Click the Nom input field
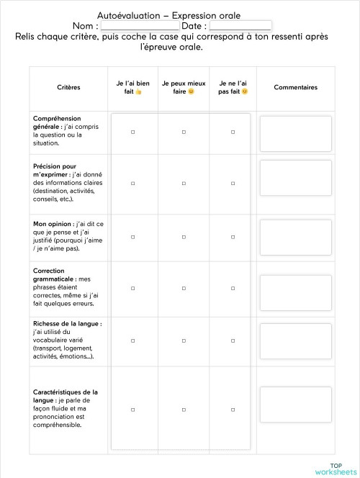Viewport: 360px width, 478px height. (x=140, y=26)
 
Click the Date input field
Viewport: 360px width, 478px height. (x=240, y=26)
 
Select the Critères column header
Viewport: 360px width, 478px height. (x=68, y=87)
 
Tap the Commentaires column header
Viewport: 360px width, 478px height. (x=295, y=87)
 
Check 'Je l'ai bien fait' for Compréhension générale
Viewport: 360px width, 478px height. (x=133, y=132)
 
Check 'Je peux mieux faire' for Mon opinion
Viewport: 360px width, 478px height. (x=184, y=236)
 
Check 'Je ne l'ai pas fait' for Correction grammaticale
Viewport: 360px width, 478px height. (x=233, y=288)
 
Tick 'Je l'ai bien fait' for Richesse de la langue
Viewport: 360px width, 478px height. (x=133, y=340)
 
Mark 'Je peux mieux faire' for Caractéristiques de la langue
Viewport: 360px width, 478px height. (x=184, y=410)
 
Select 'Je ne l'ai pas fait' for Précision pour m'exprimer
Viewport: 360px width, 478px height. (x=233, y=184)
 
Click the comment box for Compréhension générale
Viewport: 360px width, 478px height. (x=295, y=133)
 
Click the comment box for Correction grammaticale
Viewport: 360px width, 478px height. (x=295, y=289)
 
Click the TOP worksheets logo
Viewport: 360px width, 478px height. (x=335, y=468)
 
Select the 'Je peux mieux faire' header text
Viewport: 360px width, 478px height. (x=184, y=87)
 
